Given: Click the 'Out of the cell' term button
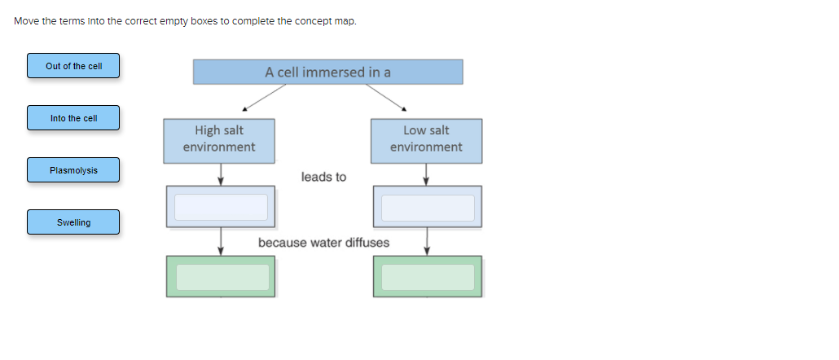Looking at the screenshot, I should pyautogui.click(x=73, y=66).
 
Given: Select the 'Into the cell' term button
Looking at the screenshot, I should pyautogui.click(x=73, y=118).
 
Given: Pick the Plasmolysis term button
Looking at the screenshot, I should pyautogui.click(x=73, y=170).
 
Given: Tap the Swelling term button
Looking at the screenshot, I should pyautogui.click(x=73, y=222).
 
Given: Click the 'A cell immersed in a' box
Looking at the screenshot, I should pyautogui.click(x=327, y=72).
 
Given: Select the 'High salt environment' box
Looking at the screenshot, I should pyautogui.click(x=218, y=139).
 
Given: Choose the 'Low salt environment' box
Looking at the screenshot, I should pyautogui.click(x=426, y=139).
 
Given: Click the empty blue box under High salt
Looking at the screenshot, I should pyautogui.click(x=221, y=207).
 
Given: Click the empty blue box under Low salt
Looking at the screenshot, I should pyautogui.click(x=428, y=207).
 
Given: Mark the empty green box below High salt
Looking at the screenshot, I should pyautogui.click(x=221, y=277).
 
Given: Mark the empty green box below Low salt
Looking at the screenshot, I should pyautogui.click(x=428, y=277).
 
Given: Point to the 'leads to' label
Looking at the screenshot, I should pyautogui.click(x=323, y=177).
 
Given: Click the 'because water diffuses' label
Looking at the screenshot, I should pyautogui.click(x=323, y=243).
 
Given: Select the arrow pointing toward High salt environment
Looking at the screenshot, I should pyautogui.click(x=263, y=97).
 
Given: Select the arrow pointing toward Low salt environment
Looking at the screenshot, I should pyautogui.click(x=386, y=97).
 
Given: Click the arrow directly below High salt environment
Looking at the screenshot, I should pyautogui.click(x=221, y=173).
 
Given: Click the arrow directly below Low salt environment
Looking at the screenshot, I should pyautogui.click(x=426, y=173).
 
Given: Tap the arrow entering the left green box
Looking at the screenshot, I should pyautogui.click(x=221, y=241).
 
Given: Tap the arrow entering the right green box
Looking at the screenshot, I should pyautogui.click(x=427, y=241).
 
